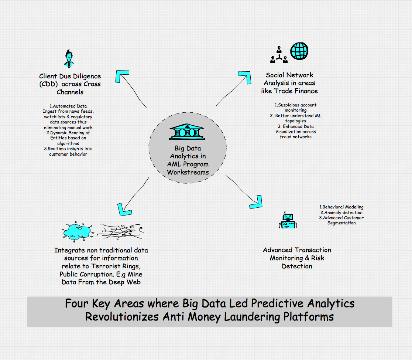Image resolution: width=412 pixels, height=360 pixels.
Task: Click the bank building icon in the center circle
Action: tap(187, 132)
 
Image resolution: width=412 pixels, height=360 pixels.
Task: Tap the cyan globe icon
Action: tap(299, 51)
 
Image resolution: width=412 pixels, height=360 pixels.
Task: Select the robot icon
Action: tap(288, 221)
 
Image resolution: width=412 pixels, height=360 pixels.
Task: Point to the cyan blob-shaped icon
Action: tap(77, 231)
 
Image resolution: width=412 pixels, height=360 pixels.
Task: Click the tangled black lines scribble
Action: tap(120, 231)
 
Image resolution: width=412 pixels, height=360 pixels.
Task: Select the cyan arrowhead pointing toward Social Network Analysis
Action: tap(244, 77)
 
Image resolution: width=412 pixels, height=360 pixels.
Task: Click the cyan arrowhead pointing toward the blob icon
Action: tap(123, 209)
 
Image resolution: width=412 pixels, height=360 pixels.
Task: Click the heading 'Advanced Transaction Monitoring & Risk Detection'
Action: tap(297, 258)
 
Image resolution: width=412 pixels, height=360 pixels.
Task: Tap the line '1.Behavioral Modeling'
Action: tap(341, 207)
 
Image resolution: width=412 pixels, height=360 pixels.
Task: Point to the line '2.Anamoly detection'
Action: tap(341, 213)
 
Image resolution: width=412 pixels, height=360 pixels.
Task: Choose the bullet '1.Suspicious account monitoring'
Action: tap(295, 108)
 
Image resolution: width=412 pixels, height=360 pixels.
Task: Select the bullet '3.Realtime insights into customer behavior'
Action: tap(68, 151)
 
